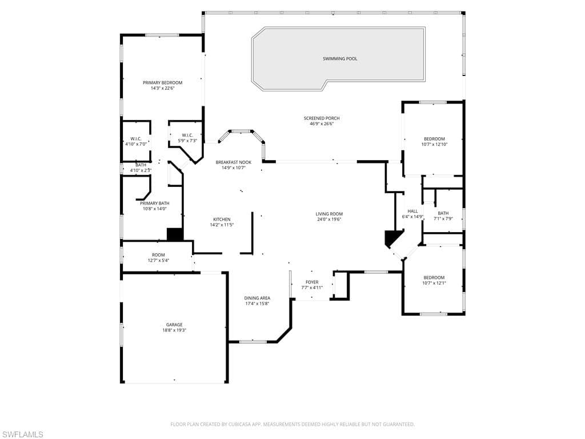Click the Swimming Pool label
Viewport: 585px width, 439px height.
tap(340, 58)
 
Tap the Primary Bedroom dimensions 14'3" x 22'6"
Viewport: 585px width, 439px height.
tap(162, 89)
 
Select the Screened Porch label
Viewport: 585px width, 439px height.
tap(321, 118)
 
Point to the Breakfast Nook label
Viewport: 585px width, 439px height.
tap(233, 162)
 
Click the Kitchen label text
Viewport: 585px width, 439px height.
tap(222, 219)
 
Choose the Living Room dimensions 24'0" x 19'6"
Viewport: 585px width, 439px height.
tap(329, 219)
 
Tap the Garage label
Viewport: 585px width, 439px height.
tap(174, 325)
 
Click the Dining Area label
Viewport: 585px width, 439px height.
tap(257, 298)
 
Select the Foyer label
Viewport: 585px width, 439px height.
tap(312, 282)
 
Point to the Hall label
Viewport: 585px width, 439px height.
tap(412, 211)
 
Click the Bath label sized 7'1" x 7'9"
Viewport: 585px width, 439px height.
tap(443, 213)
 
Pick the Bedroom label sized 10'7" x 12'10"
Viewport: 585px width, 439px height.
tap(434, 139)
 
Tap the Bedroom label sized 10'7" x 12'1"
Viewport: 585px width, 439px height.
tap(434, 277)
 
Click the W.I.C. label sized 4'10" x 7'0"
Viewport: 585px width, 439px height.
tap(136, 138)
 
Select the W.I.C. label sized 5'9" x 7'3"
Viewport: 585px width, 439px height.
tap(187, 135)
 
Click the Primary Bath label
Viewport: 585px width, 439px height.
tap(154, 203)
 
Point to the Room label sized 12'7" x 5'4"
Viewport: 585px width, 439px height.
tap(158, 254)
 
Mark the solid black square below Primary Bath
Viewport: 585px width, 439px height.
tap(174, 234)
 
